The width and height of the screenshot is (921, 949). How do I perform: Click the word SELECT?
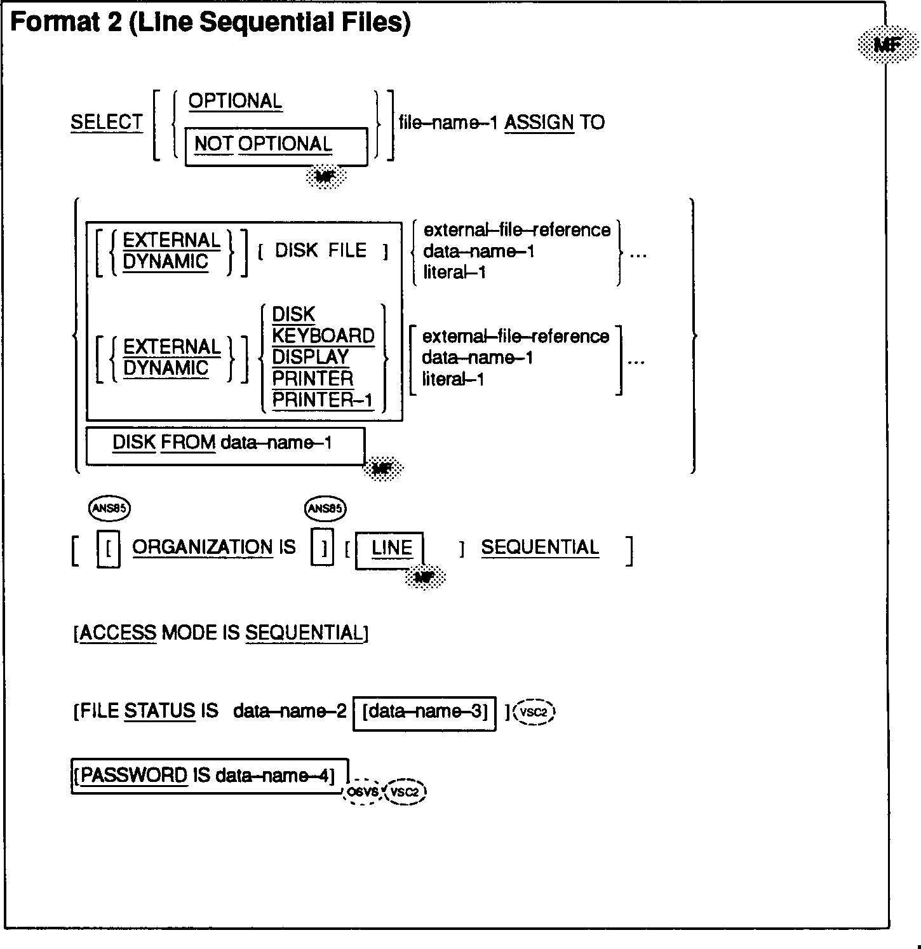pos(107,123)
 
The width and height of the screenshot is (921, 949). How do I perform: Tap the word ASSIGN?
pos(539,123)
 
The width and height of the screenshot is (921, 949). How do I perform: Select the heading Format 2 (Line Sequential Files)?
pos(210,24)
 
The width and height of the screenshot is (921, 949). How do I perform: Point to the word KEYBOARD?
pos(323,336)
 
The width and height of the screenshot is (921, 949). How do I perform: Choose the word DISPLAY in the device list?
pos(311,357)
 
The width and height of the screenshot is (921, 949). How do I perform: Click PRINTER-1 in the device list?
pos(323,400)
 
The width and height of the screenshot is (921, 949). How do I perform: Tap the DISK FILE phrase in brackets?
pos(321,251)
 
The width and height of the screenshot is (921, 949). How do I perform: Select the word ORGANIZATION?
pos(202,548)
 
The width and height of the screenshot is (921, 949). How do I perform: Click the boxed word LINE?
pos(391,548)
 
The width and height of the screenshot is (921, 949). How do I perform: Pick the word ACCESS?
pos(118,633)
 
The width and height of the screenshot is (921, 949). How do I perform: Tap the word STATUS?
pos(159,711)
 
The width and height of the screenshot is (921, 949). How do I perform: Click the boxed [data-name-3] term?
pos(424,712)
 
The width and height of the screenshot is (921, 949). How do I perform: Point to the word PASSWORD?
pos(134,776)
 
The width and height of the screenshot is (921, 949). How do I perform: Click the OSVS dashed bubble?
pos(363,792)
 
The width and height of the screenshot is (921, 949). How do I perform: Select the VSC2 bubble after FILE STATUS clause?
pos(534,713)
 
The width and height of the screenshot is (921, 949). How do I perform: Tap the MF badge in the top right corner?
pos(888,44)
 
